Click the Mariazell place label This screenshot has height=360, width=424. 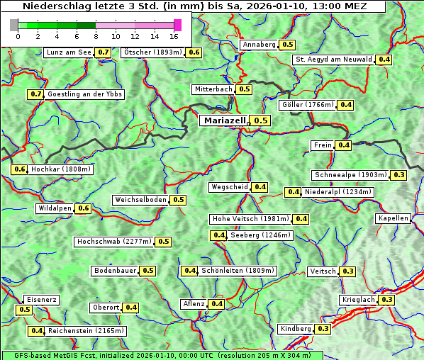[x=224, y=120]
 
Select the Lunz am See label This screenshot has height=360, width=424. [x=68, y=52]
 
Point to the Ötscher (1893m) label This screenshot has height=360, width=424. [x=152, y=52]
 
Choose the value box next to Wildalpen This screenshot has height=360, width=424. [x=84, y=208]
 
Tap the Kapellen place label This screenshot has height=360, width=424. [x=394, y=218]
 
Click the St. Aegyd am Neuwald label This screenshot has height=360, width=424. [x=333, y=60]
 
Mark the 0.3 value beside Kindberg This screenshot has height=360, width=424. [x=323, y=329]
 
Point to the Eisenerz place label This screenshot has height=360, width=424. [x=40, y=300]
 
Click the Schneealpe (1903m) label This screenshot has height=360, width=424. [x=351, y=175]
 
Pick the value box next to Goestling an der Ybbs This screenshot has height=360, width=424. [x=35, y=94]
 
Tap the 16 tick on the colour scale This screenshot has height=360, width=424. [x=174, y=35]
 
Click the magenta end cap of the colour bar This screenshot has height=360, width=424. [x=178, y=25]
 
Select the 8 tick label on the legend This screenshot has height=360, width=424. [x=96, y=35]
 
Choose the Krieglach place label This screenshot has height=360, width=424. [x=358, y=300]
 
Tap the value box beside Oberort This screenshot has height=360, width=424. [x=131, y=308]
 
